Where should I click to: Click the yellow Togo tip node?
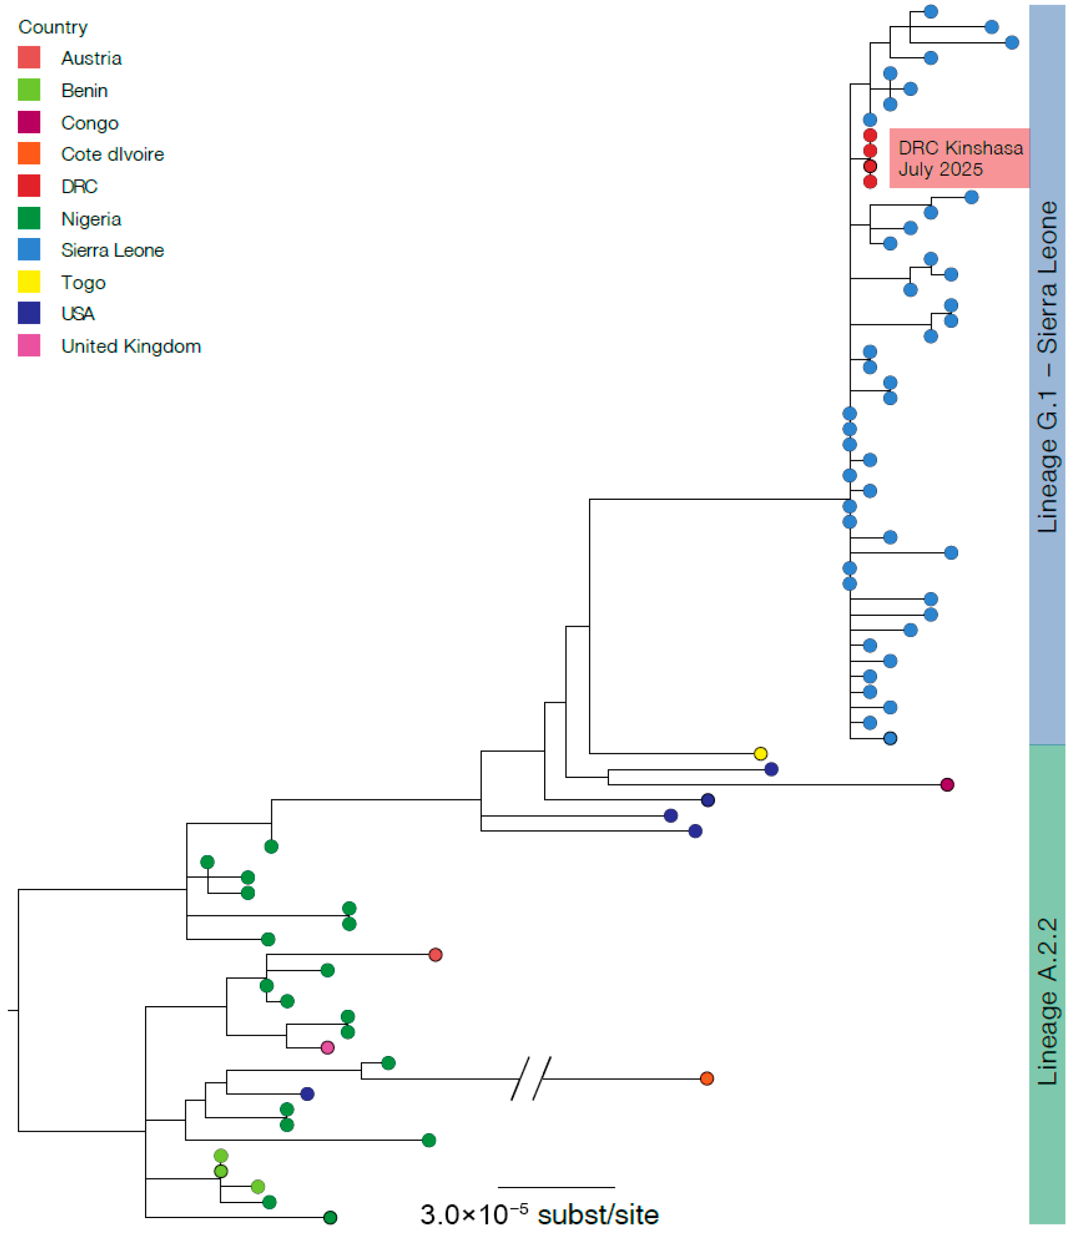tap(760, 753)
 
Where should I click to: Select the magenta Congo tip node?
tap(947, 785)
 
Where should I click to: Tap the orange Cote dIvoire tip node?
tap(707, 1078)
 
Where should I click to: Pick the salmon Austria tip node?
tap(435, 954)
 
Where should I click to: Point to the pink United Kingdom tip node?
tap(327, 1047)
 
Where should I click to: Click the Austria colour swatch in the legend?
tap(29, 58)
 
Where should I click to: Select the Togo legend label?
tap(83, 282)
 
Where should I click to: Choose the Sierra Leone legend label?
tap(113, 250)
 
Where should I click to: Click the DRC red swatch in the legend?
tap(29, 186)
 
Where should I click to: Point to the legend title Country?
tap(53, 27)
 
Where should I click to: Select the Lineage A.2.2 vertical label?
tap(1047, 1002)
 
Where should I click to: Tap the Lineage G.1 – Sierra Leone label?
tap(1047, 367)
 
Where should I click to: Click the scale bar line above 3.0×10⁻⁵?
tap(556, 1187)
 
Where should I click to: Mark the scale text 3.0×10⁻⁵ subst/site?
tap(539, 1214)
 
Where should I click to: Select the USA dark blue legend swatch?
tap(29, 313)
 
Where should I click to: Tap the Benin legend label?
tap(84, 90)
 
